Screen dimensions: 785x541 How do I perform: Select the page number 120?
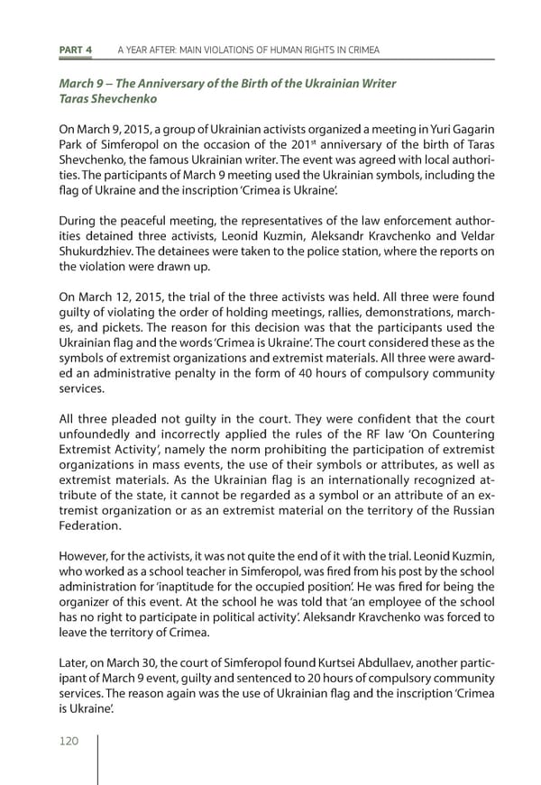(69, 741)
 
